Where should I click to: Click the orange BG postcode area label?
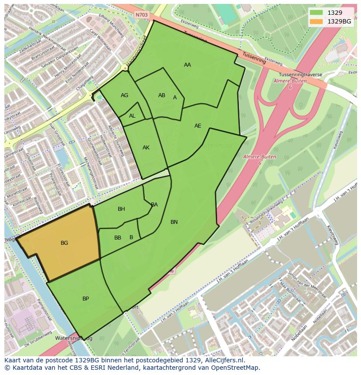(64, 243)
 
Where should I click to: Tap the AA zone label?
(187, 65)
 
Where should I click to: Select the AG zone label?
(124, 95)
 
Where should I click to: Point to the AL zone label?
(132, 116)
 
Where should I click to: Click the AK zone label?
(146, 148)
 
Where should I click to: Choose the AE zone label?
(198, 126)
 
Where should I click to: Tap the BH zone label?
(121, 209)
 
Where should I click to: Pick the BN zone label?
(174, 222)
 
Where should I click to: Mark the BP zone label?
(85, 299)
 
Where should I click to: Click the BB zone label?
(118, 238)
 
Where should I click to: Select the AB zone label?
(162, 95)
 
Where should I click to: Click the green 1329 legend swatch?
(317, 13)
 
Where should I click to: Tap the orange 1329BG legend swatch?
(317, 21)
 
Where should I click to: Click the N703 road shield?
(142, 15)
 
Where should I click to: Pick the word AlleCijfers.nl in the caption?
(224, 360)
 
